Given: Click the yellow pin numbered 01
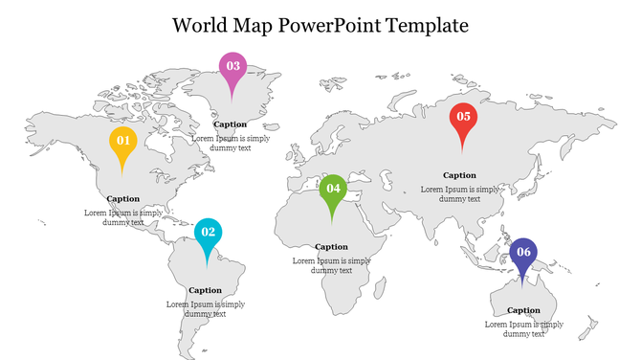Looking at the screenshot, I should [122, 142].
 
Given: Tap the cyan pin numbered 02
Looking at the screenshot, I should [208, 233].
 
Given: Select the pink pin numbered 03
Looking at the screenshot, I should [232, 67].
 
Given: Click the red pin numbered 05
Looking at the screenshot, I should [463, 117].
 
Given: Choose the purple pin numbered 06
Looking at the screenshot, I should [523, 253].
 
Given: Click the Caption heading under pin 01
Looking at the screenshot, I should [123, 199].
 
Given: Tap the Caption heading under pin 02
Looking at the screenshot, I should [206, 290].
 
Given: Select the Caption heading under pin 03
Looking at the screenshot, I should [231, 124].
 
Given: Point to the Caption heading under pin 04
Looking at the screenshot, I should [332, 247].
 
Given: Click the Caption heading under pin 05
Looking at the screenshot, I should [459, 175].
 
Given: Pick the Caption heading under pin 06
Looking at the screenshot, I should [523, 310].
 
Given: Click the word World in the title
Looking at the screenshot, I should [202, 26].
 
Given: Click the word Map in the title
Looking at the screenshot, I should [254, 26].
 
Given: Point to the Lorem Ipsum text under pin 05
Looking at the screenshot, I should [460, 194].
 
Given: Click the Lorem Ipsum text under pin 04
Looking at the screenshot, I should [332, 265].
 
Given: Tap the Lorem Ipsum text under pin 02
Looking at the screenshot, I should [206, 308].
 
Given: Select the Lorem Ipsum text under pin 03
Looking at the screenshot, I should [231, 143].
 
